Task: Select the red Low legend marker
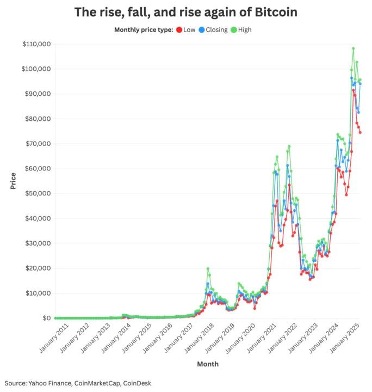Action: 179,30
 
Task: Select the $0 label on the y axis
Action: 44,318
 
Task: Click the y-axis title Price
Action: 13,180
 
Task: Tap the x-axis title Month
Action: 208,364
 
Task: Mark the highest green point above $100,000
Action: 353,48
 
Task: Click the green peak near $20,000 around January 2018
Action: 208,268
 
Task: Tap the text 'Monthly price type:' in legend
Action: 144,30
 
